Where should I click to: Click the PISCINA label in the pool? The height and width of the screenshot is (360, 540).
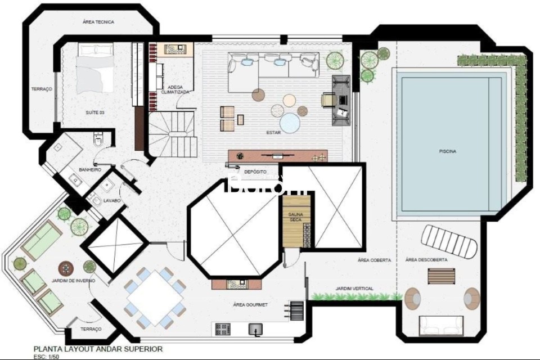click(447, 151)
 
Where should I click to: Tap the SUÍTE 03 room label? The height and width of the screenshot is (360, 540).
click(94, 112)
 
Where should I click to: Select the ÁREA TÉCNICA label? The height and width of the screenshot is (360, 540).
click(98, 22)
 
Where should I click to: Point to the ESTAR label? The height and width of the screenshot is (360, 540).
click(274, 133)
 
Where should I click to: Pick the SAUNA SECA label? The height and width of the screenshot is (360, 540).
click(296, 217)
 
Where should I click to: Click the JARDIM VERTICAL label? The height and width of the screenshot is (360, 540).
click(354, 289)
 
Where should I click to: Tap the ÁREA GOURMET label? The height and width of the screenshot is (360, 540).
click(250, 304)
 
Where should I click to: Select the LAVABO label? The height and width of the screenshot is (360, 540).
click(111, 200)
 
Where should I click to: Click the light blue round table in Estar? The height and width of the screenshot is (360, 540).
click(290, 123)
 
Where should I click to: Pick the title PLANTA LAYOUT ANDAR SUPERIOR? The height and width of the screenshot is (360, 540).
click(98, 349)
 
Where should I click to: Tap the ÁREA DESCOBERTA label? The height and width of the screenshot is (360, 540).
click(426, 260)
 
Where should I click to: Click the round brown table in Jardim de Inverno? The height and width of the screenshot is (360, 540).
click(66, 267)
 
